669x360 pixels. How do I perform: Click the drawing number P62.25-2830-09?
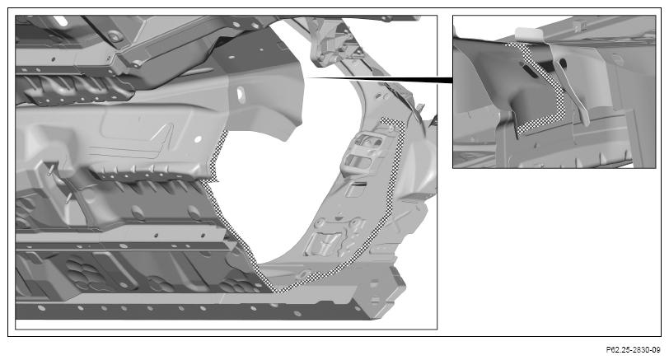pyautogui.click(x=633, y=350)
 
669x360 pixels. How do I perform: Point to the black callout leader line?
pyautogui.click(x=379, y=79)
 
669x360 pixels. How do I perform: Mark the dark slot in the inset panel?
pyautogui.click(x=529, y=70)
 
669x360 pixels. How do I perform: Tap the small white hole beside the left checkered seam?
pyautogui.click(x=198, y=139)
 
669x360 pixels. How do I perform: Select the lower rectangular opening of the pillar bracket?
pyautogui.click(x=360, y=161)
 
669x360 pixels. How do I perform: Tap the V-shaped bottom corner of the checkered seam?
pyautogui.click(x=279, y=292)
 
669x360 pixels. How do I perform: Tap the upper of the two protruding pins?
pyautogui.click(x=50, y=171)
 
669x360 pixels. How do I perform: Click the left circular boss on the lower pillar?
pyautogui.click(x=320, y=223)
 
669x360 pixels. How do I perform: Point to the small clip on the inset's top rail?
pyautogui.click(x=579, y=26)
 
